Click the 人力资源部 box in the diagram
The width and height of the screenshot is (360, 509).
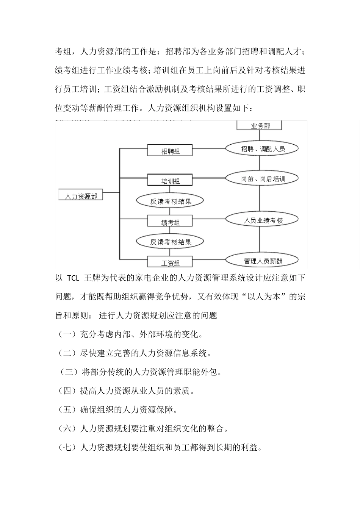point(81,195)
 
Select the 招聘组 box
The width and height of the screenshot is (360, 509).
point(170,150)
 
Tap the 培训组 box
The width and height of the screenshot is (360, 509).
point(170,180)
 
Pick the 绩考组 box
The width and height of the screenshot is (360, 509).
point(170,222)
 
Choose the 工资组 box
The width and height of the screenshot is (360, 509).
point(170,262)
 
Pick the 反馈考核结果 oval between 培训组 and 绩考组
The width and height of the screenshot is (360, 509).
point(170,201)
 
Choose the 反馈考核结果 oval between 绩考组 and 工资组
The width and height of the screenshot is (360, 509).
point(170,242)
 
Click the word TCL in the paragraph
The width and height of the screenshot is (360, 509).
point(73,278)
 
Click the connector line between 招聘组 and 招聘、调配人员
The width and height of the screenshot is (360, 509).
point(209,149)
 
